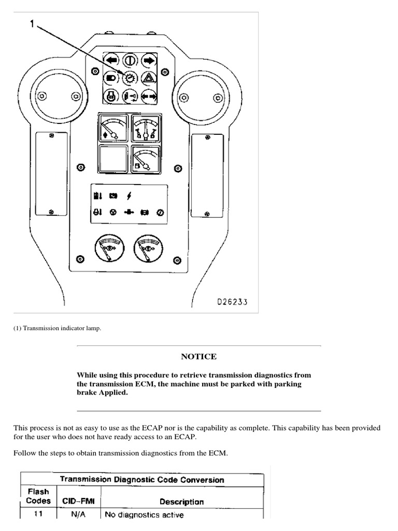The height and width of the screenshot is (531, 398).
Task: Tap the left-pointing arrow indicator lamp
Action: pyautogui.click(x=111, y=60)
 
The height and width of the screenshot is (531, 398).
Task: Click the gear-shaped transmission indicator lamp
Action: pyautogui.click(x=129, y=78)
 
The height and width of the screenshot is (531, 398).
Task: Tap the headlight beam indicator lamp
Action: pyautogui.click(x=111, y=78)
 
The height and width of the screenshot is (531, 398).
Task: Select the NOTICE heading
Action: pyautogui.click(x=198, y=357)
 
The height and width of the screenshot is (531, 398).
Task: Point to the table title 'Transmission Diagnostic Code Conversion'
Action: pyautogui.click(x=142, y=480)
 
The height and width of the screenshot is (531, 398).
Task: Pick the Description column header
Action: pyautogui.click(x=181, y=501)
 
